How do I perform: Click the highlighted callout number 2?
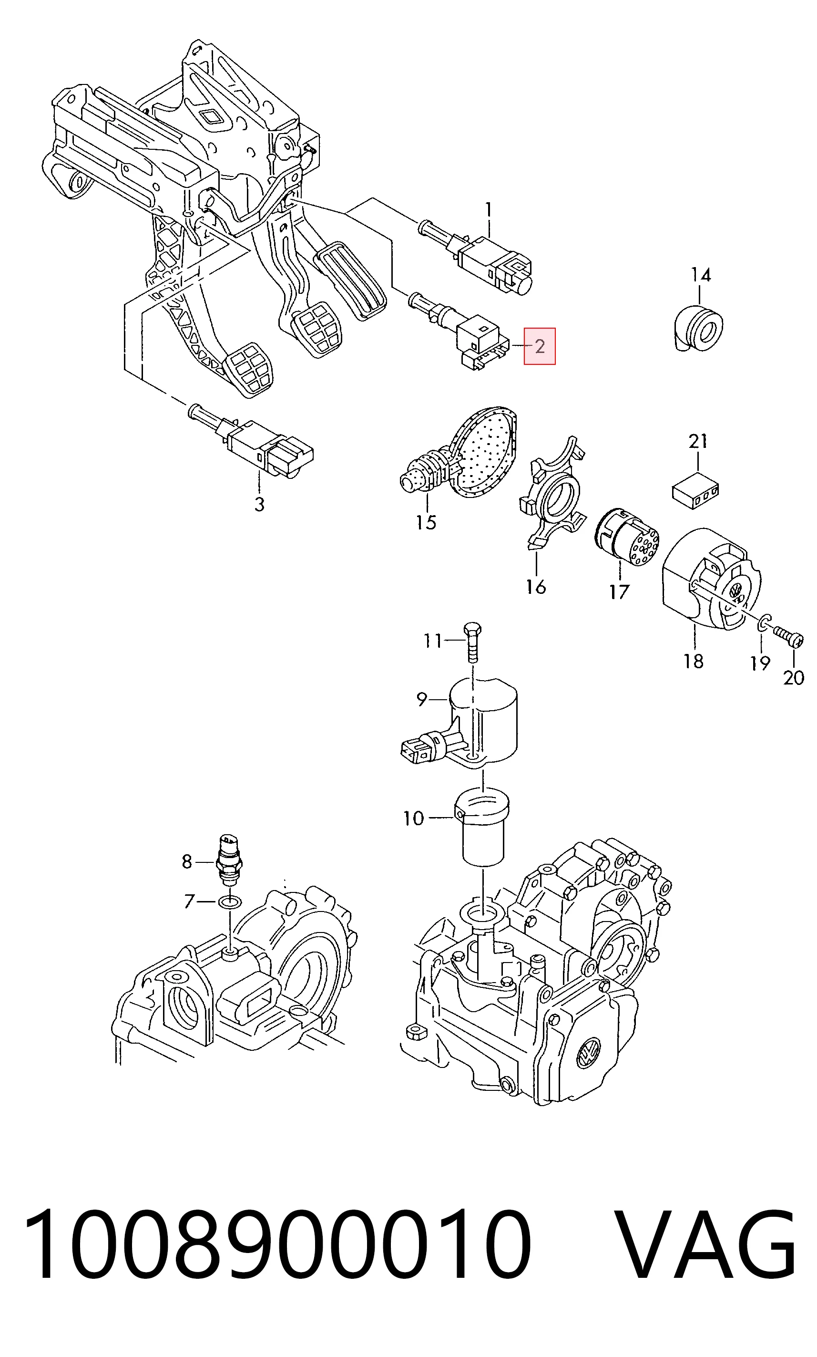click(540, 346)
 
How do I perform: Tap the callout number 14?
click(701, 274)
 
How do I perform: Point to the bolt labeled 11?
click(472, 642)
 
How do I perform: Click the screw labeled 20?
click(789, 636)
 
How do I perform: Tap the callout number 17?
click(619, 592)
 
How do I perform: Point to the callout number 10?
click(413, 818)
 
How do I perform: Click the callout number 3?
click(259, 504)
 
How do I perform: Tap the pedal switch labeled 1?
click(476, 257)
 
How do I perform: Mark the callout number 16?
click(536, 587)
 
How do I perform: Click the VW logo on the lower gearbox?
click(589, 1052)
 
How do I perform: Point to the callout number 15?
click(426, 522)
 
